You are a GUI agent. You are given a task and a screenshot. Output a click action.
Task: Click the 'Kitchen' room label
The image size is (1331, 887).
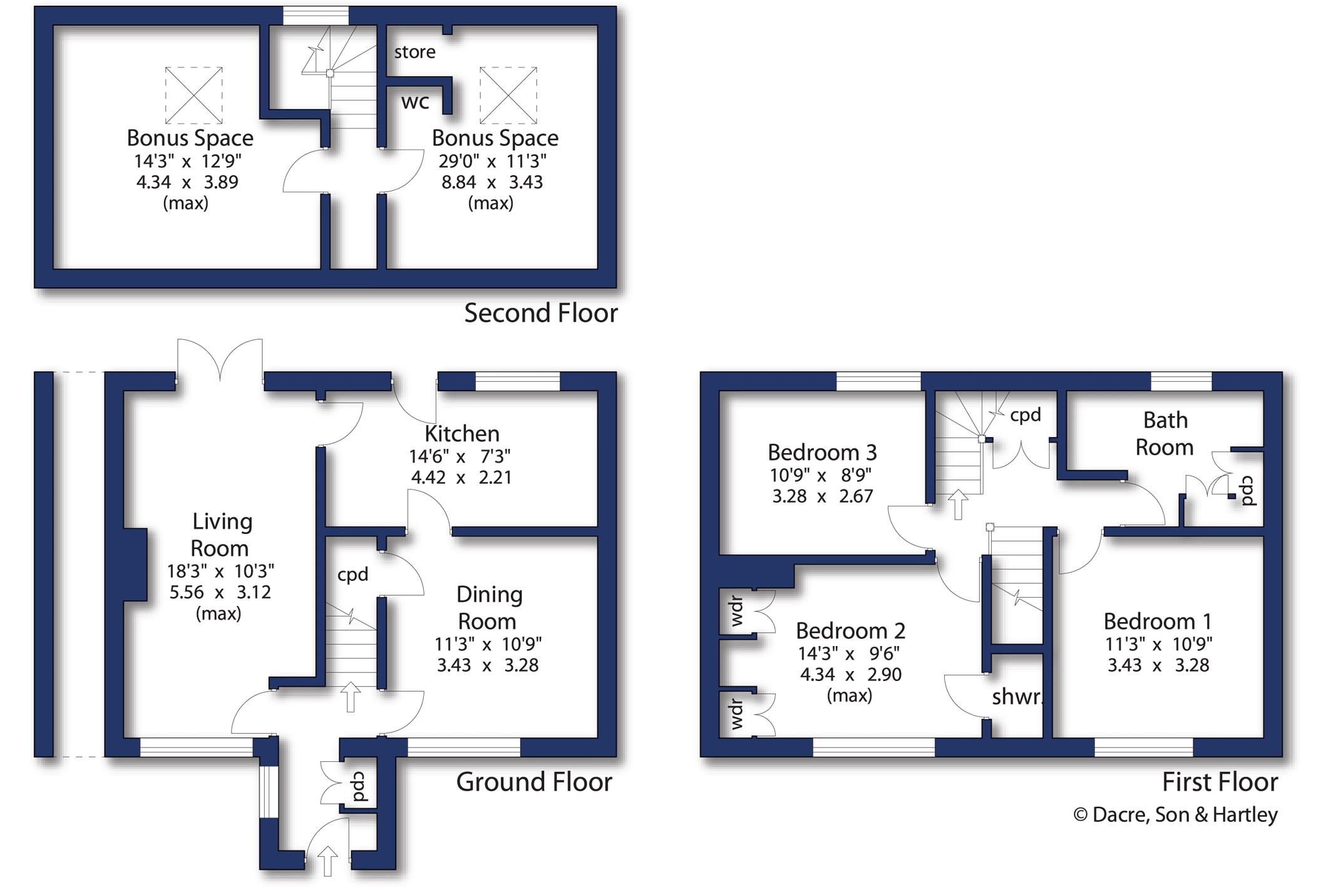tap(462, 434)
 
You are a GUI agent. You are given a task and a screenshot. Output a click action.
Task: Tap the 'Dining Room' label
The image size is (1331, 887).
tap(489, 608)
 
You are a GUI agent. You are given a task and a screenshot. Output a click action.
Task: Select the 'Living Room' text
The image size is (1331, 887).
tap(221, 535)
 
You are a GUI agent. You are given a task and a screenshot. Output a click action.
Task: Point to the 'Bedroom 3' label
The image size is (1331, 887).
tap(822, 452)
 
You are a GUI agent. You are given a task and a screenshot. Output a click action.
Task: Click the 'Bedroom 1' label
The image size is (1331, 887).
tap(1158, 621)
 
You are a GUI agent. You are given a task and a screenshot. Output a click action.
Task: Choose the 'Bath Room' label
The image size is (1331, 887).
tap(1164, 433)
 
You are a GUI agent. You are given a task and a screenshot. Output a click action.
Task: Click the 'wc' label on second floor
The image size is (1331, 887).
tap(415, 102)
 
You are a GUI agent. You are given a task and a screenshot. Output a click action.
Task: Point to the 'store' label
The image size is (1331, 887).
tap(414, 52)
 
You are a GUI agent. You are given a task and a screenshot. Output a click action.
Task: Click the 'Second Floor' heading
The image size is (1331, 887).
tap(541, 313)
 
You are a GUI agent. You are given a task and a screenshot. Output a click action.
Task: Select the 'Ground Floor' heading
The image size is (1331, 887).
tap(534, 782)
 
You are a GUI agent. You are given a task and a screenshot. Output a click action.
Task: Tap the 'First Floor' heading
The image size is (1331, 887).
tap(1220, 782)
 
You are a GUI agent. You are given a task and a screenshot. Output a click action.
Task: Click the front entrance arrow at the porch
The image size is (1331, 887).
tap(327, 861)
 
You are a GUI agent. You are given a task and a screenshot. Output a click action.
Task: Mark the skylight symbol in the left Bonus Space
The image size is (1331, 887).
tap(194, 95)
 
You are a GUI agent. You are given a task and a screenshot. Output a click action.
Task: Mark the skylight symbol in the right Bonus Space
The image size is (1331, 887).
tap(508, 95)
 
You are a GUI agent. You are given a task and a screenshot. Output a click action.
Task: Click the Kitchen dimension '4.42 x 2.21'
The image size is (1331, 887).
tap(461, 478)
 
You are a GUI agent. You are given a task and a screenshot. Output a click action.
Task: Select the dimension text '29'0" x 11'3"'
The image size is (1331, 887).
tap(492, 162)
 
